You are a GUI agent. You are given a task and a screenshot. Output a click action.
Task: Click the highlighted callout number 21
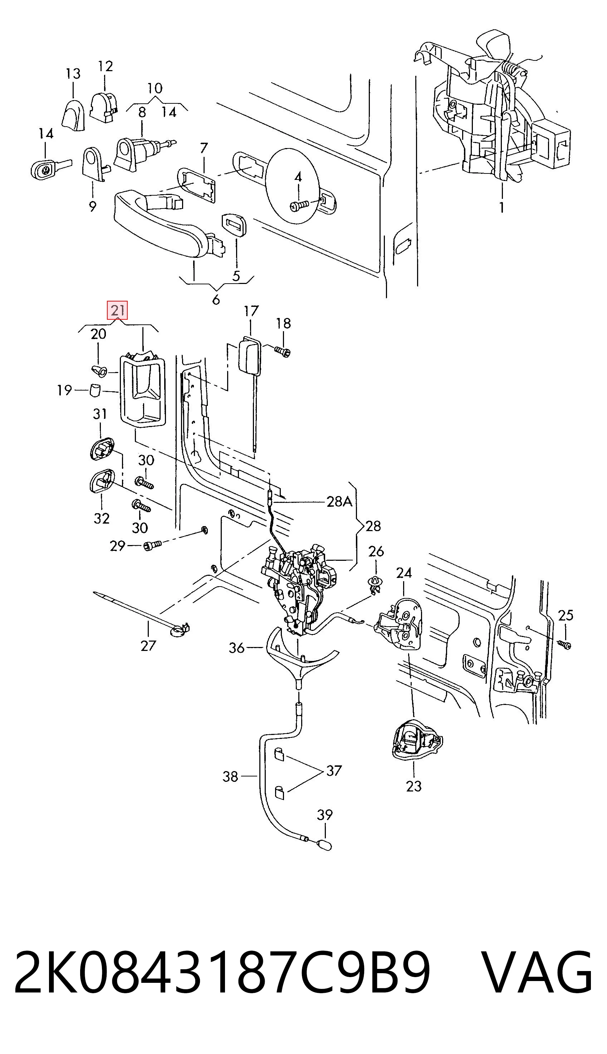point(117,310)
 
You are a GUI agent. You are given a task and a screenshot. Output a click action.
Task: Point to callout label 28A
point(339,502)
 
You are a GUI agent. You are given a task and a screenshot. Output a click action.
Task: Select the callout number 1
point(501,207)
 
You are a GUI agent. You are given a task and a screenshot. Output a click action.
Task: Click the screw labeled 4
point(299,205)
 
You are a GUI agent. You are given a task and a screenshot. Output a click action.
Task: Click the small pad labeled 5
point(235,225)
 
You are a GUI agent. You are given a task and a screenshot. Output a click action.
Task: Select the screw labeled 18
point(282,351)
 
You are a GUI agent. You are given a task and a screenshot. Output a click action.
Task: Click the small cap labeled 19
point(96,391)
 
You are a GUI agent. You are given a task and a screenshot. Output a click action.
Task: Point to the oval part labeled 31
point(102,448)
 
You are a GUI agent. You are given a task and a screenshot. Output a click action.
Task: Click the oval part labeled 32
point(102,481)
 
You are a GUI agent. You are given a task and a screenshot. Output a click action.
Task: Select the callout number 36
point(236,648)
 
